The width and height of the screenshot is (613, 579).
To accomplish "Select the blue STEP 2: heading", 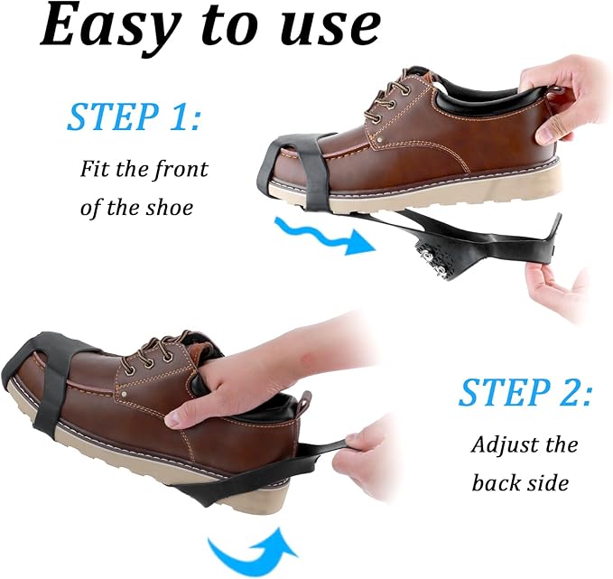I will coord(525,393).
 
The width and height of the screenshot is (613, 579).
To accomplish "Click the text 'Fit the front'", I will coord(144,169).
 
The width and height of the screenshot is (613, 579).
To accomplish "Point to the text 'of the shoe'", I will coord(136,207).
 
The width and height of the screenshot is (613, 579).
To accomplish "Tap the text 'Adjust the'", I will coord(525,445).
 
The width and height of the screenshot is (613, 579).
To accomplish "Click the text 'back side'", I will coord(520,483).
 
